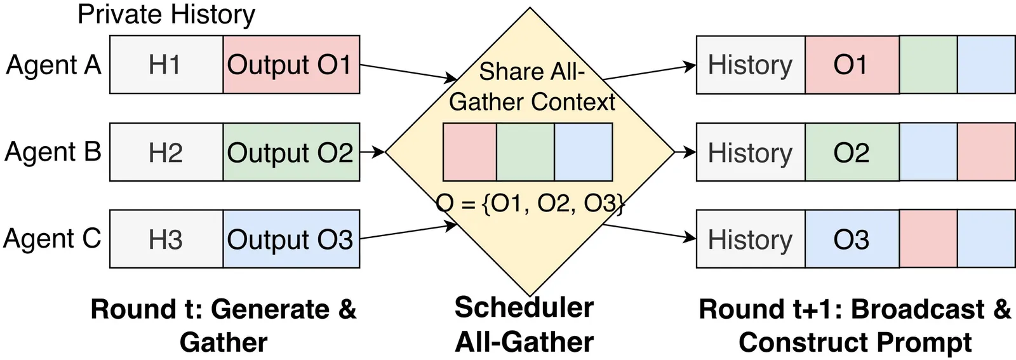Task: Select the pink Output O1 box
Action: (291, 65)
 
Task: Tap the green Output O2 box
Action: (291, 152)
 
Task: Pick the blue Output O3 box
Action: (291, 239)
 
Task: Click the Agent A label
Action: (53, 65)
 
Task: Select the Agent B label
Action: (53, 152)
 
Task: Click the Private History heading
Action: (166, 14)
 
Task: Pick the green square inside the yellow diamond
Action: (525, 152)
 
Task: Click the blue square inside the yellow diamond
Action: (583, 152)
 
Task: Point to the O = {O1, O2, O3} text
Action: (531, 204)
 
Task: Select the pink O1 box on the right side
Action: (852, 65)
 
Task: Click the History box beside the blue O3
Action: (751, 239)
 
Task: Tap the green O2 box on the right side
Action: (852, 152)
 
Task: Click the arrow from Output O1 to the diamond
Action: (408, 72)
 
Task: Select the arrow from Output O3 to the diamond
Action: (408, 232)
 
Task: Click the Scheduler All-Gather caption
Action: (525, 324)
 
